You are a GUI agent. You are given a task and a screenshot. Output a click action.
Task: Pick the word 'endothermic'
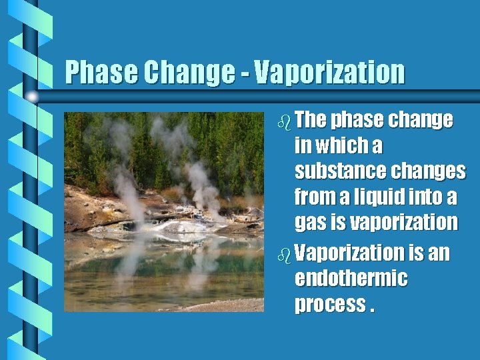click(x=351, y=278)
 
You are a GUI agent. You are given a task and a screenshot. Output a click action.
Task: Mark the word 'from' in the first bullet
click(x=313, y=197)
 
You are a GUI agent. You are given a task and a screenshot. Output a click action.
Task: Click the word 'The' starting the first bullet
click(x=310, y=120)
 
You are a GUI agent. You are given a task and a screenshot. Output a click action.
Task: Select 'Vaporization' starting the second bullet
click(x=349, y=253)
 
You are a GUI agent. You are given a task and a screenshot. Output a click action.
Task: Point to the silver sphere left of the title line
click(x=32, y=97)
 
